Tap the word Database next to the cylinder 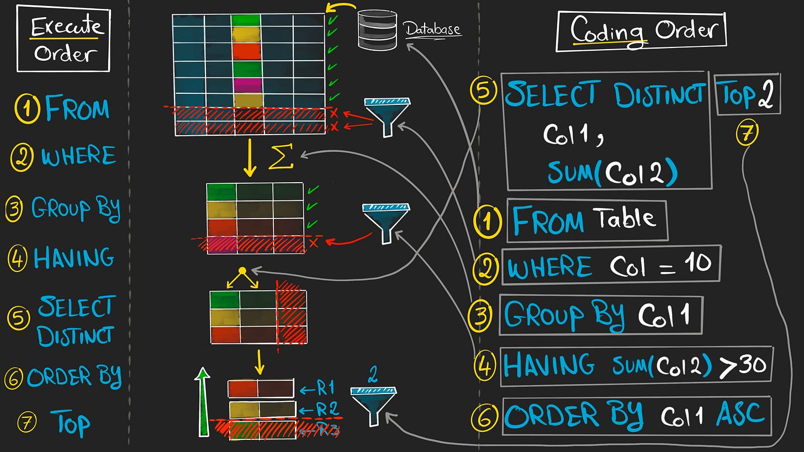click(x=432, y=29)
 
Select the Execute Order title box click(x=64, y=38)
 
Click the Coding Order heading click(x=641, y=30)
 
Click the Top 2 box click(x=748, y=94)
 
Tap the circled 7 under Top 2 click(x=747, y=134)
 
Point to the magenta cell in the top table click(x=246, y=85)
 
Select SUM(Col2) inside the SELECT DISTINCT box click(x=612, y=173)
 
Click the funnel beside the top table click(x=388, y=115)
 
